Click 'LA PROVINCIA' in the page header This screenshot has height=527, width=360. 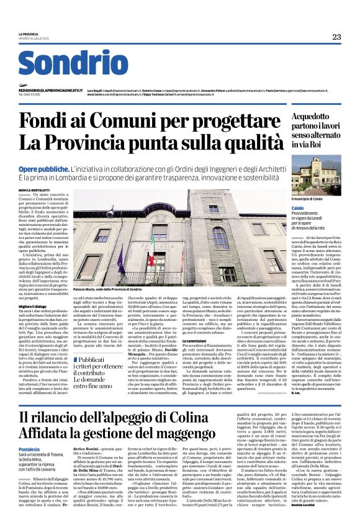coord(29,34)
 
